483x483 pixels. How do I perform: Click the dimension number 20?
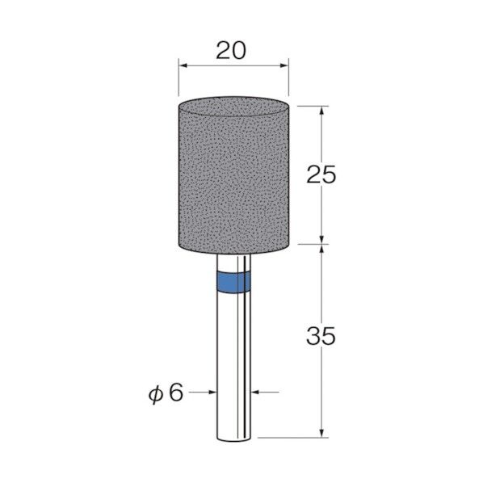tap(231, 51)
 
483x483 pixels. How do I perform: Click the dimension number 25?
tap(321, 174)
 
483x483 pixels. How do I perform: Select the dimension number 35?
tap(321, 336)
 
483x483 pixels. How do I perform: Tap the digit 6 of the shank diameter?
tap(176, 393)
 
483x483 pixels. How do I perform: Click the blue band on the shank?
tap(233, 282)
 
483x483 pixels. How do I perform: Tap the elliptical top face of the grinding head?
tap(233, 107)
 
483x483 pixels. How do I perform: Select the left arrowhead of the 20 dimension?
tap(183, 65)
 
